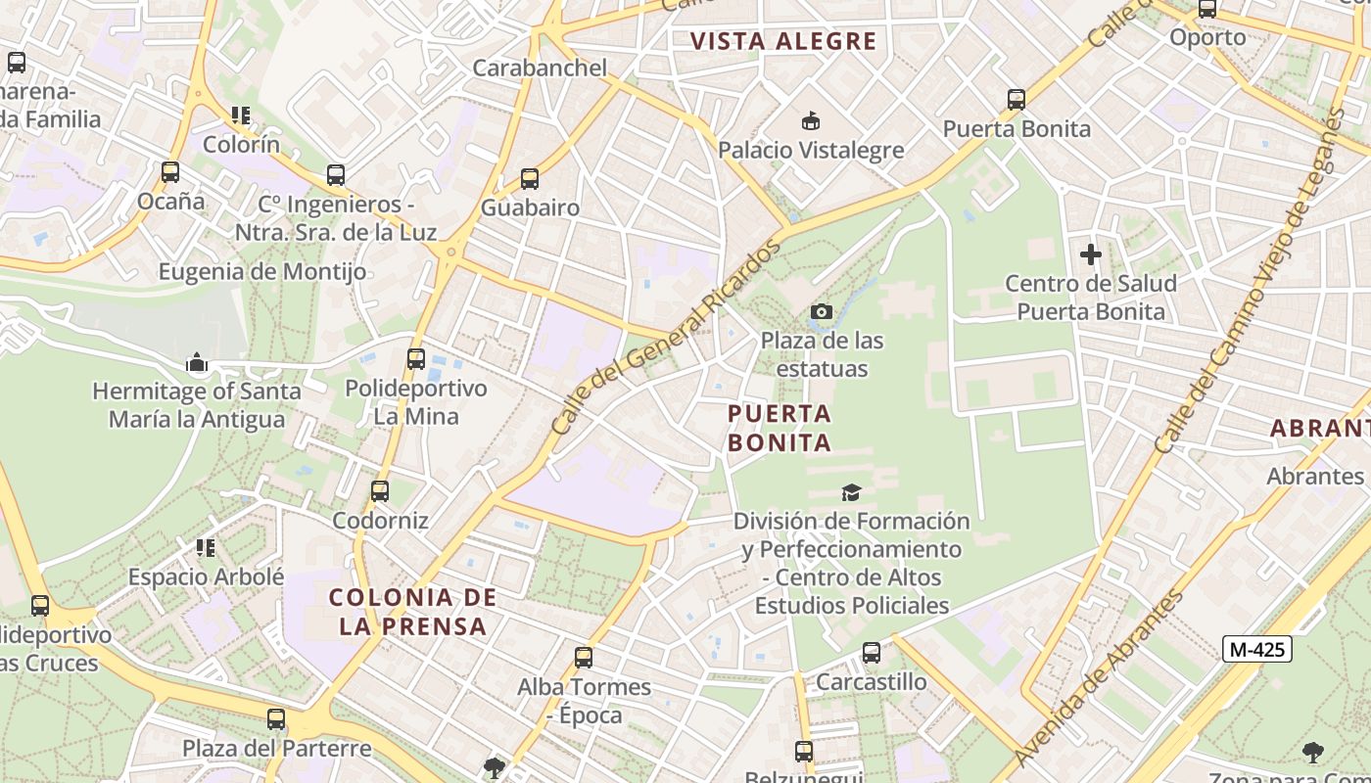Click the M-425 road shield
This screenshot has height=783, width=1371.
pyautogui.click(x=1258, y=648)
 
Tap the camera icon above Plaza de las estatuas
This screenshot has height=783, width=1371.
pyautogui.click(x=822, y=312)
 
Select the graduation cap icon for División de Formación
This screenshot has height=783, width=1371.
pyautogui.click(x=851, y=492)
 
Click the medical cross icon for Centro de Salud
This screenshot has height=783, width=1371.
pyautogui.click(x=1090, y=254)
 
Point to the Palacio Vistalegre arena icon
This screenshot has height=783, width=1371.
pyautogui.click(x=811, y=121)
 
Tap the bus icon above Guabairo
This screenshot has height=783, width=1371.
pyautogui.click(x=530, y=179)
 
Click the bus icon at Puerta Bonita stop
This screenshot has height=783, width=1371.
pyautogui.click(x=1016, y=99)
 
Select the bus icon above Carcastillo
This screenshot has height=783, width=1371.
pyautogui.click(x=872, y=653)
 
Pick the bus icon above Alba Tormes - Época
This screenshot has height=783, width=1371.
pyautogui.click(x=584, y=658)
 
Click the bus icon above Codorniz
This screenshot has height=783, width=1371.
pyautogui.click(x=380, y=491)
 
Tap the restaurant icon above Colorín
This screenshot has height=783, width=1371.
pyautogui.click(x=241, y=115)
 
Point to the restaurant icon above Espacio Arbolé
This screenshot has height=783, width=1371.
pyautogui.click(x=206, y=547)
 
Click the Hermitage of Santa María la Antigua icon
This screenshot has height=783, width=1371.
pyautogui.click(x=197, y=363)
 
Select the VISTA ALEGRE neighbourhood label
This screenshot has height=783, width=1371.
pyautogui.click(x=782, y=41)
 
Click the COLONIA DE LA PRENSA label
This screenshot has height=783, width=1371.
pyautogui.click(x=412, y=612)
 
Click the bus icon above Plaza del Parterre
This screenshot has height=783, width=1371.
pyautogui.click(x=276, y=719)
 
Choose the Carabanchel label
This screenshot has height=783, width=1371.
pyautogui.click(x=540, y=68)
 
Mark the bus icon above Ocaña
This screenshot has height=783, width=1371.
pyautogui.click(x=170, y=172)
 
